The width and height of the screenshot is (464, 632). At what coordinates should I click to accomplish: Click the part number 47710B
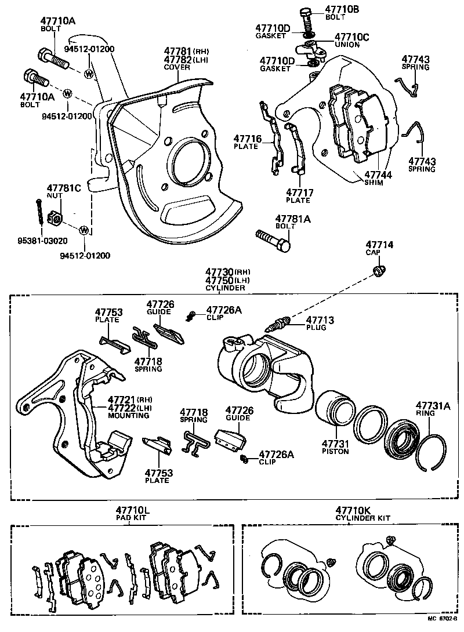[x=342, y=9]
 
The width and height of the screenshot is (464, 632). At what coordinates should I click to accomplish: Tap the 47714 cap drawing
[x=380, y=271]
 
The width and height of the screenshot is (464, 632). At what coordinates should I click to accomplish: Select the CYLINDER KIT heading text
[x=363, y=518]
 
